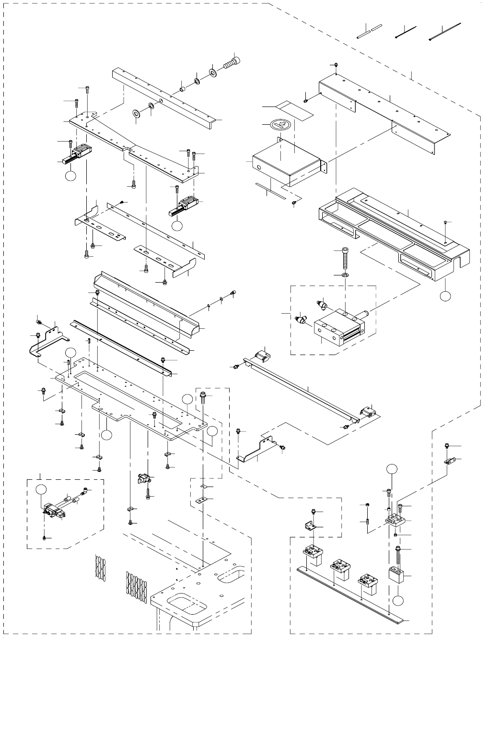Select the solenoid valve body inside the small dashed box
pos(51,511)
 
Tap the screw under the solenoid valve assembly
pos(44,538)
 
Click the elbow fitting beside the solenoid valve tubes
pos(85,490)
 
